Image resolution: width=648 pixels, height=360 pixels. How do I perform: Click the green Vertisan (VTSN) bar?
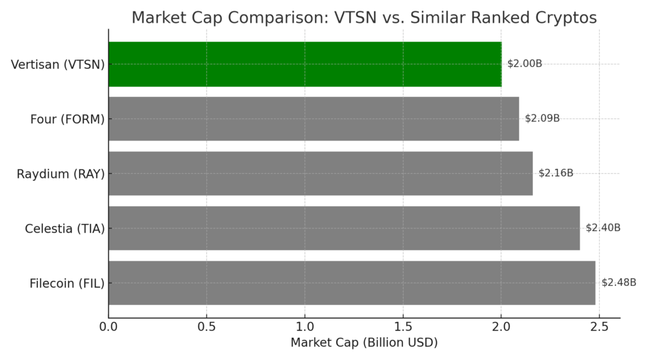(x=305, y=64)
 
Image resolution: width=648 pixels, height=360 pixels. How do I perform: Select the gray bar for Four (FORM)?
(x=314, y=118)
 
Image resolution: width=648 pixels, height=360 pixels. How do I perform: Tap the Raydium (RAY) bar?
(x=321, y=173)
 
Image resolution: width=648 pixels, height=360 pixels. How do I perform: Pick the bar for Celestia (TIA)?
(x=344, y=228)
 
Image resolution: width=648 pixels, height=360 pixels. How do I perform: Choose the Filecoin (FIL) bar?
(x=352, y=283)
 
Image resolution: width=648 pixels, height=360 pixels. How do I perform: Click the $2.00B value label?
(x=525, y=64)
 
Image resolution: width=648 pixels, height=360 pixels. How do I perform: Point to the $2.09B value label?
(x=542, y=118)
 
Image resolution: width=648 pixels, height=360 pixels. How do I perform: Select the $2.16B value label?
(x=556, y=173)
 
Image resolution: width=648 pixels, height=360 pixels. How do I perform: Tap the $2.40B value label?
(x=603, y=228)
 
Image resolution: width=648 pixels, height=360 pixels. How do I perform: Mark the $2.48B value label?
(x=619, y=282)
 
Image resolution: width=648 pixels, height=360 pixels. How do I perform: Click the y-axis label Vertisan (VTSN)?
(x=58, y=65)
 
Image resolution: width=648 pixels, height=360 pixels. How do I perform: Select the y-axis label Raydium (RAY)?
(x=61, y=174)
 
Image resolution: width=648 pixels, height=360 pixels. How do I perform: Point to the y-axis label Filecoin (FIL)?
(x=67, y=283)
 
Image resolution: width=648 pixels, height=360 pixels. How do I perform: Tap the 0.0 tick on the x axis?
(x=108, y=327)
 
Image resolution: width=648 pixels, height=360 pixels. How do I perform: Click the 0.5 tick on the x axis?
(x=207, y=327)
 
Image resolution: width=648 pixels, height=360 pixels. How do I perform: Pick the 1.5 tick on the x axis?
(x=403, y=327)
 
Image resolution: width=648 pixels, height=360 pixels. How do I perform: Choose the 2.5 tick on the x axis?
(x=600, y=327)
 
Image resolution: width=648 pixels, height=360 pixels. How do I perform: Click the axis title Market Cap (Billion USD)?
(x=364, y=343)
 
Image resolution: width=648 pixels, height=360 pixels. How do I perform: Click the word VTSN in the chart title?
(x=355, y=18)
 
